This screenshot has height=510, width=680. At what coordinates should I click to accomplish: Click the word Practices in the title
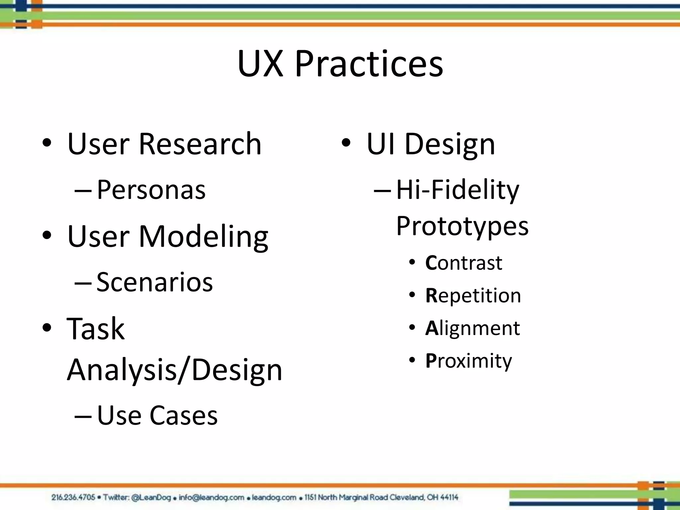point(369,64)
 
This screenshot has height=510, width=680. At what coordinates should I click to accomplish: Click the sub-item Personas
point(151,190)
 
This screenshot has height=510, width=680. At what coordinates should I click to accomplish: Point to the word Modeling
point(204,236)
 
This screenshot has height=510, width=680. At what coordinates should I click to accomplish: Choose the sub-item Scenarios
point(155,282)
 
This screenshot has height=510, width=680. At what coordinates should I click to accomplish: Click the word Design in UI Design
point(450,144)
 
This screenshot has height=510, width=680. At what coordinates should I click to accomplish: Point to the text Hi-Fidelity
point(458,190)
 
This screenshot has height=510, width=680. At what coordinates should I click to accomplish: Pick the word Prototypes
point(462,226)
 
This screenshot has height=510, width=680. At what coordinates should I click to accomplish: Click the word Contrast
point(464,263)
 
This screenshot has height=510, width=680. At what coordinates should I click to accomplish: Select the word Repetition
point(473,296)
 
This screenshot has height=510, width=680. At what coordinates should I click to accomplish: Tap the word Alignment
point(472,328)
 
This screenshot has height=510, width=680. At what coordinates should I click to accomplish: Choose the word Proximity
point(468,361)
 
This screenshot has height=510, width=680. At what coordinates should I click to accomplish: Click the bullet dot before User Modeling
point(47,235)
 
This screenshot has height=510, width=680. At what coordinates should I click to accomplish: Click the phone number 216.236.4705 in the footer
point(73,497)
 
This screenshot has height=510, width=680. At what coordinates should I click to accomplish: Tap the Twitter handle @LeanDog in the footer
point(151,497)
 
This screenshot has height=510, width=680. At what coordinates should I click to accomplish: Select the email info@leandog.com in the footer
point(211,497)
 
